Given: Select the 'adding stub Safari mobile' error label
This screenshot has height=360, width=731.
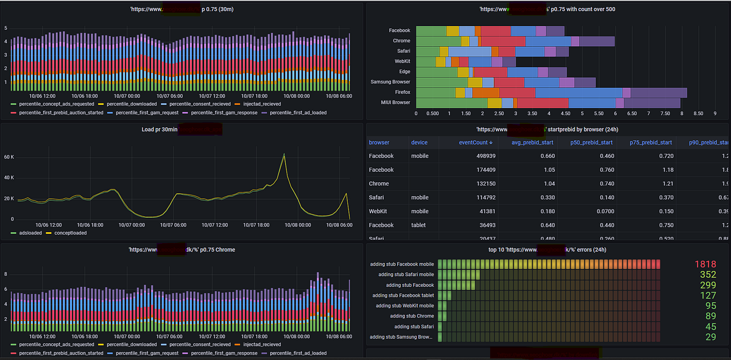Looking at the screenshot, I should click(x=402, y=275).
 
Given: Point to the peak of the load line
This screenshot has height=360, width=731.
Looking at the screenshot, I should click(x=283, y=154).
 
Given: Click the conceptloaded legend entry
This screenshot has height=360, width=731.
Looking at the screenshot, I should click(x=70, y=232).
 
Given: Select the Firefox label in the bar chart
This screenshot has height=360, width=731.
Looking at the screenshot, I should click(x=401, y=92).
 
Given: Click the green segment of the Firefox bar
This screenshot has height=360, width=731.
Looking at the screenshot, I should click(x=436, y=92).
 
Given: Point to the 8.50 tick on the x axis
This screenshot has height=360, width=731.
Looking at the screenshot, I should click(x=699, y=113).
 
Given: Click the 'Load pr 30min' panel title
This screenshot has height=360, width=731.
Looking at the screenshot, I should click(x=160, y=130).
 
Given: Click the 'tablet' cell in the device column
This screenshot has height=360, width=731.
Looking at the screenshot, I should click(x=419, y=225).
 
